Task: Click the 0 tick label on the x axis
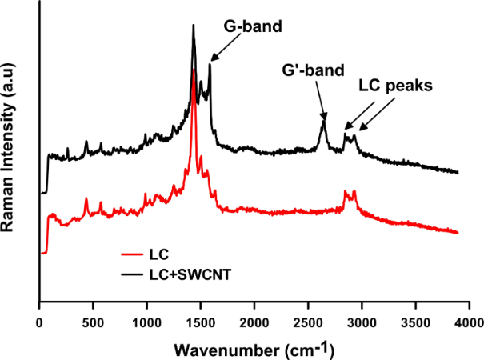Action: tap(39, 322)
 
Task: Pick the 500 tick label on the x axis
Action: tap(93, 322)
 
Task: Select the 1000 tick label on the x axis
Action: tap(146, 322)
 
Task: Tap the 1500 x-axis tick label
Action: tap(200, 322)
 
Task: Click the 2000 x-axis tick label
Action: tap(254, 322)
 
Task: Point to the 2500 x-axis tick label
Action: tap(307, 322)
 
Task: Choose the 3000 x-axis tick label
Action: tap(361, 322)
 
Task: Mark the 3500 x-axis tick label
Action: tap(414, 322)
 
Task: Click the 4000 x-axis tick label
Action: tap(468, 322)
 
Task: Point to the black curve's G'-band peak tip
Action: tap(323, 119)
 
